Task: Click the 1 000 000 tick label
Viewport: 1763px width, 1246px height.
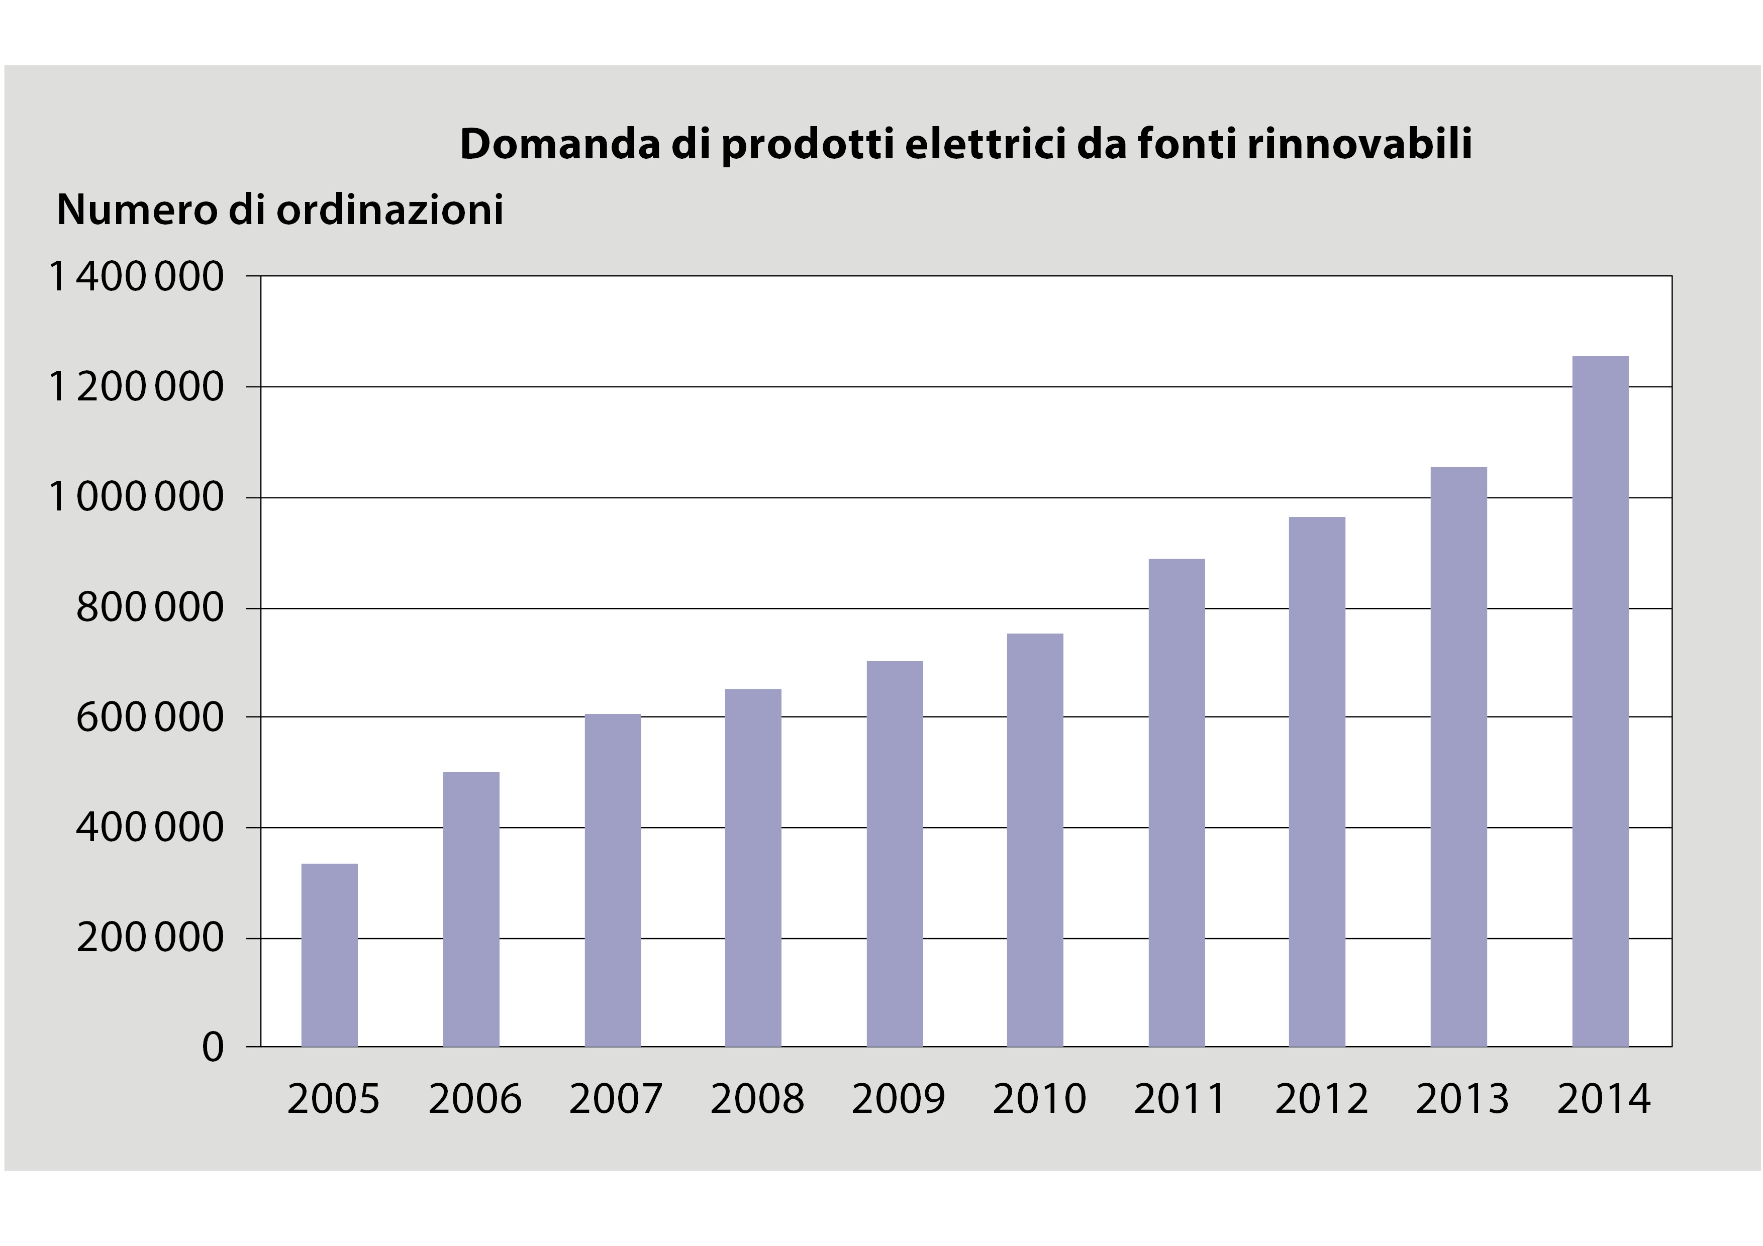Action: point(136,497)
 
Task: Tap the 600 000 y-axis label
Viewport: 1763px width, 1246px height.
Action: point(150,718)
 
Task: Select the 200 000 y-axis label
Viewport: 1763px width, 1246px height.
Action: point(150,938)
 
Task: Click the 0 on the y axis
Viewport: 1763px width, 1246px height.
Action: point(213,1047)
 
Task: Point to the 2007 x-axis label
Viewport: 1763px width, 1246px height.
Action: point(615,1099)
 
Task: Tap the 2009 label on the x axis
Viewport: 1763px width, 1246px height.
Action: point(898,1099)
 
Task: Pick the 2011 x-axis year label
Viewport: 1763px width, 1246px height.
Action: point(1180,1099)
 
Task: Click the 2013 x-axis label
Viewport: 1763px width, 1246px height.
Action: point(1462,1099)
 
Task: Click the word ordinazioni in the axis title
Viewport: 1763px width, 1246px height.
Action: point(390,210)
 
